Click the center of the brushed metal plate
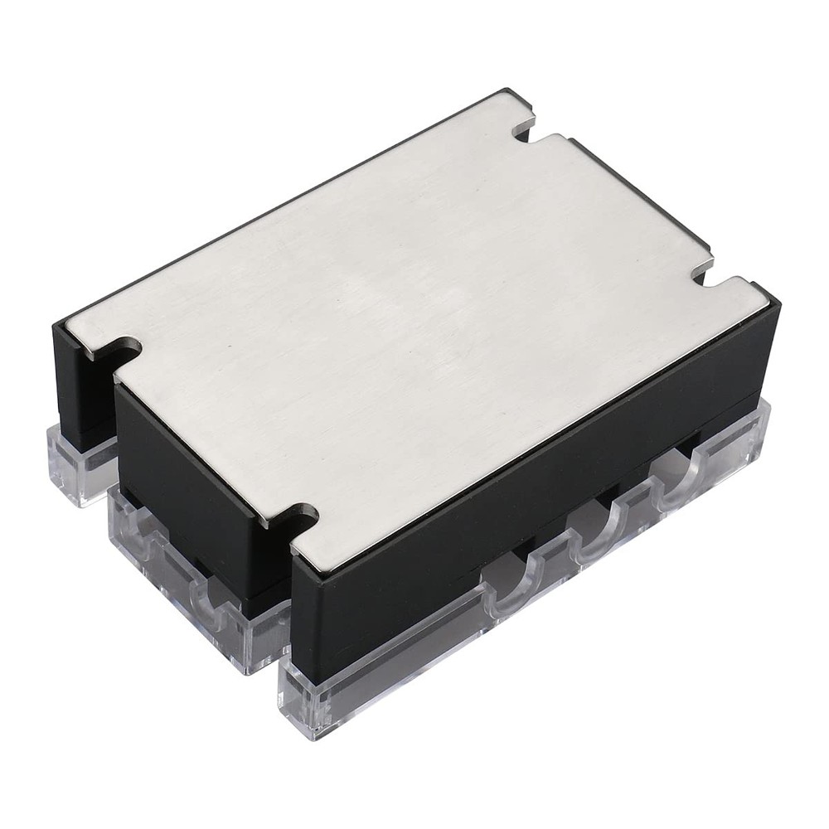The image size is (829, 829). [x=414, y=323]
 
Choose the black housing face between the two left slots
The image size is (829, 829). [x=191, y=464]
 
